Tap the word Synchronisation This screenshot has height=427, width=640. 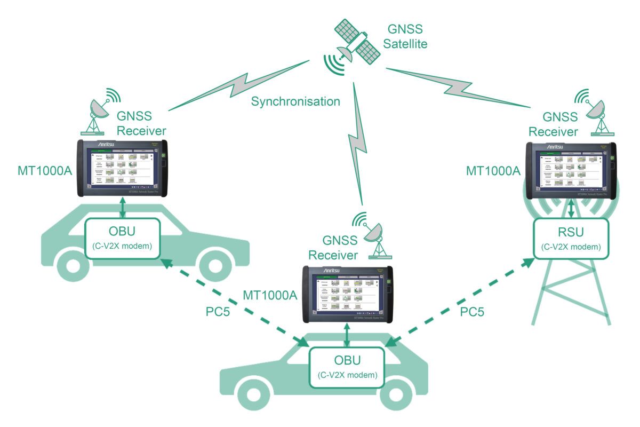coord(295,101)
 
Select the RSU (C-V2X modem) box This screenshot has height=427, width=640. coord(571,239)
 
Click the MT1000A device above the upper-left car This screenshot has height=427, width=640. coord(122,167)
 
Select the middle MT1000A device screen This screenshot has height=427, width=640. coord(346,293)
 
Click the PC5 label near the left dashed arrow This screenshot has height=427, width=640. coord(218,311)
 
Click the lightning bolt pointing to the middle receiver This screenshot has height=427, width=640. coord(356,144)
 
